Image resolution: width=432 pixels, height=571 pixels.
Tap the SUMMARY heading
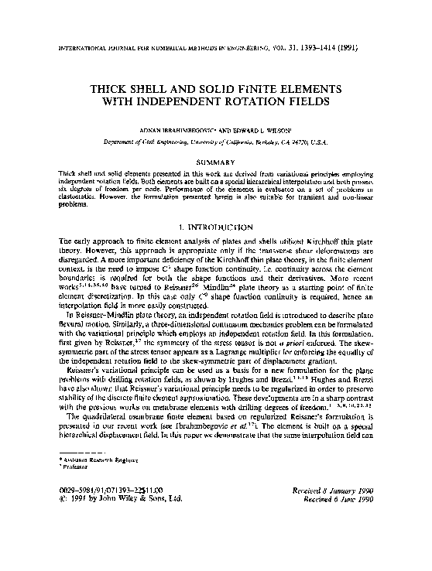pos(216,161)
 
